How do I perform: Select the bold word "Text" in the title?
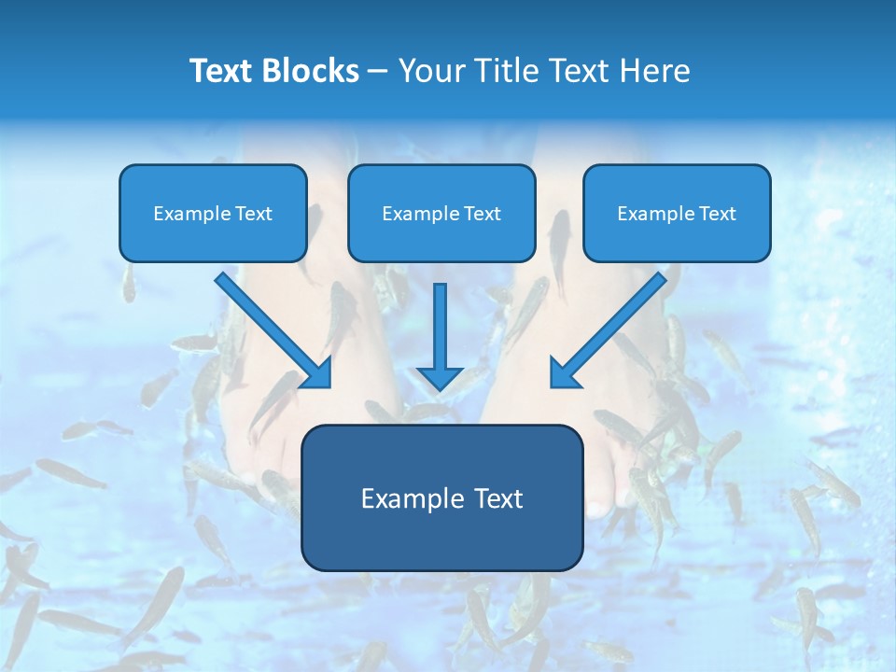[x=221, y=71]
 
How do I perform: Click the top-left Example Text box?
[x=213, y=213]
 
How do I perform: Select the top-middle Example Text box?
[x=441, y=213]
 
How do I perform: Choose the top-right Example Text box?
[x=677, y=213]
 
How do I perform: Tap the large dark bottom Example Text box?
[x=441, y=497]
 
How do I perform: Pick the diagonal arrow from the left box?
[x=271, y=327]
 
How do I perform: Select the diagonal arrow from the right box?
[x=611, y=327]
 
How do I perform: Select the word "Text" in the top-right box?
[x=717, y=213]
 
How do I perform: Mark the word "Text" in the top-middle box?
[x=482, y=213]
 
